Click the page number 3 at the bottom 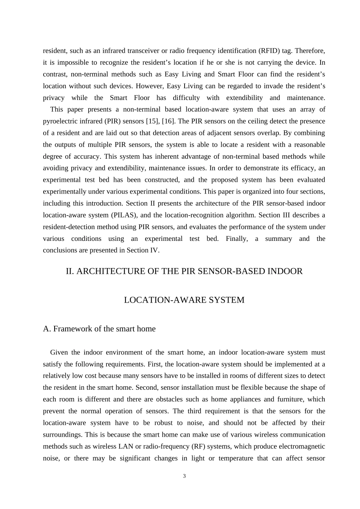[x=184, y=476]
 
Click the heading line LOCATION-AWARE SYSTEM [x=184, y=300]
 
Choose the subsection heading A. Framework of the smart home [x=99, y=329]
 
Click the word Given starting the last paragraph [x=59, y=353]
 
